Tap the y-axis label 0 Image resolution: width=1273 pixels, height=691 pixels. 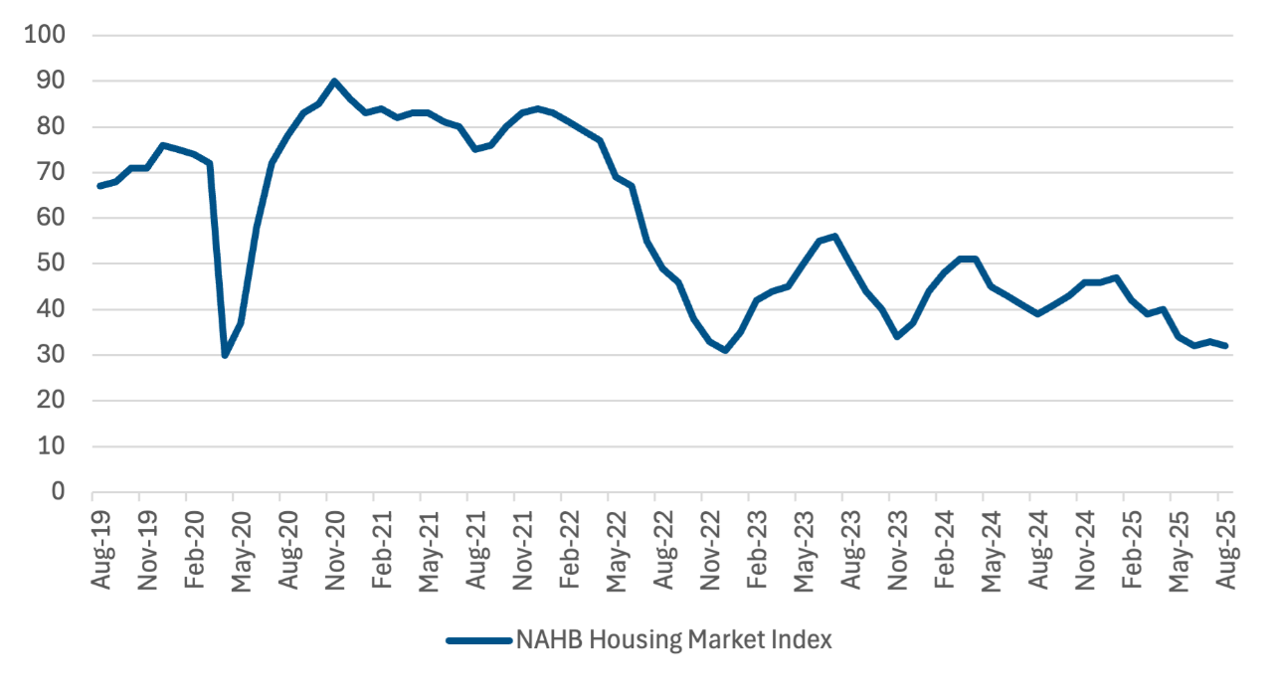click(58, 492)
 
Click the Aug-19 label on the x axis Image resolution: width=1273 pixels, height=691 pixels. click(101, 548)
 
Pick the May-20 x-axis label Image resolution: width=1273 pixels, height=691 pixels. click(242, 548)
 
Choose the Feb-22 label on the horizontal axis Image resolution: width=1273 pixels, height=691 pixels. click(570, 548)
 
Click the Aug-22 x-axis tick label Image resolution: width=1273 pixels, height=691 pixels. click(663, 548)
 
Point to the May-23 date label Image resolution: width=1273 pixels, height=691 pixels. click(805, 548)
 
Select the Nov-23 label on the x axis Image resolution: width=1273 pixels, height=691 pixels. click(898, 548)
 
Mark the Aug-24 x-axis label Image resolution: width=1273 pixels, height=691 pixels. click(1039, 548)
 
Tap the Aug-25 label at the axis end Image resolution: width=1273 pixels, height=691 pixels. click(1226, 548)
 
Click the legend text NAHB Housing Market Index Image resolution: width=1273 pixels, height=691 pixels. click(673, 640)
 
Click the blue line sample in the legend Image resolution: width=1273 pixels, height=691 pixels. click(477, 640)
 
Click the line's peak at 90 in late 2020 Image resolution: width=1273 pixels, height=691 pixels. click(334, 81)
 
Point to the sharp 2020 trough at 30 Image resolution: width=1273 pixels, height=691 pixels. click(225, 355)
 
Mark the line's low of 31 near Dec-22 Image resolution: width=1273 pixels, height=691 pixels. click(726, 350)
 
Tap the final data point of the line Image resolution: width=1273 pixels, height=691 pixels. click(1226, 346)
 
